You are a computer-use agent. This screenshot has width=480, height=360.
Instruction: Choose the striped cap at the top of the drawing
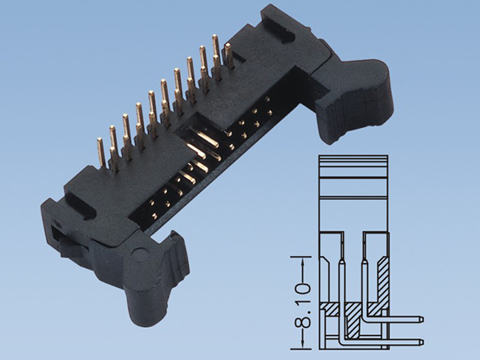pyautogui.click(x=353, y=164)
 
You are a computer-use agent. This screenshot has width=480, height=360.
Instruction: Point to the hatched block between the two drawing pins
pyautogui.click(x=352, y=308)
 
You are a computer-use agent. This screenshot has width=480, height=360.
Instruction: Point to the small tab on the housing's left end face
pyautogui.click(x=58, y=237)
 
